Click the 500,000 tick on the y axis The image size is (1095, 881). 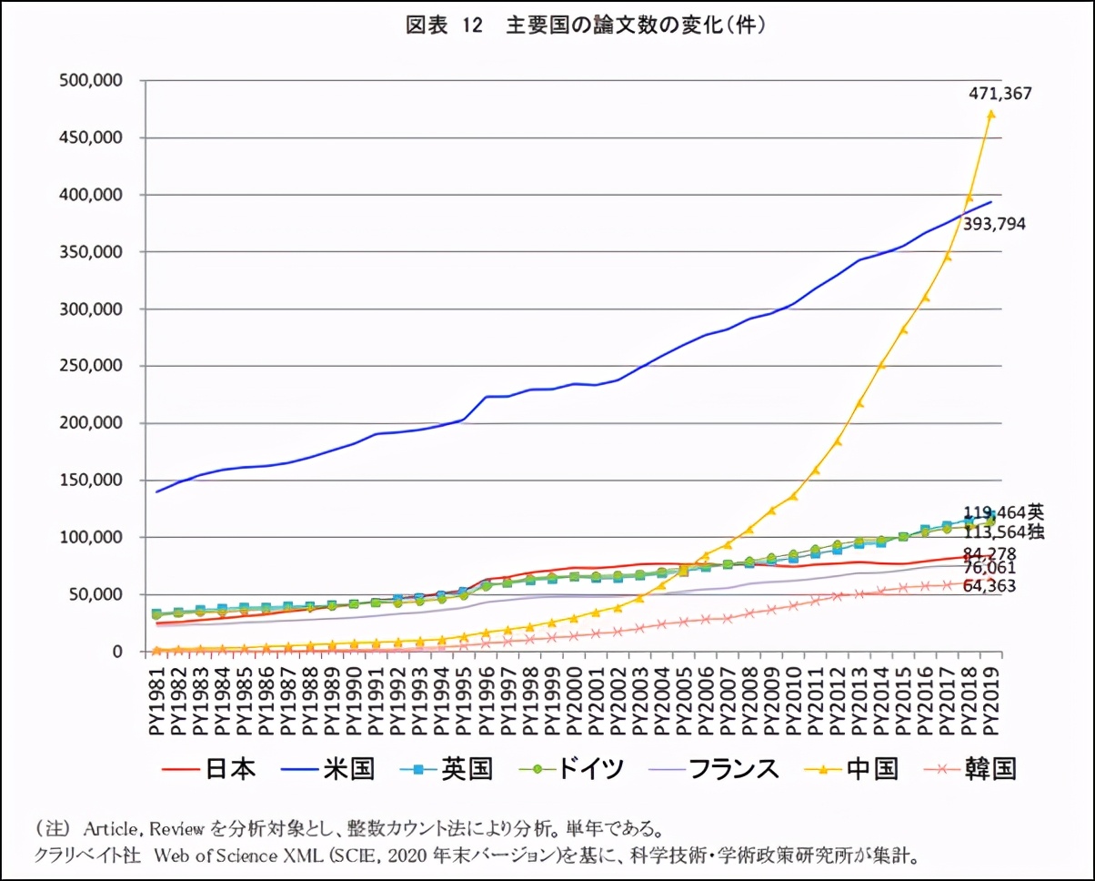pos(91,80)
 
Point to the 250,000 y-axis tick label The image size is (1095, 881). pos(91,366)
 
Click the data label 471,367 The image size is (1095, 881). pos(1000,93)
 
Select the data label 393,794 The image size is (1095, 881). pos(995,223)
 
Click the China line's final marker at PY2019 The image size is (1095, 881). pos(991,114)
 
